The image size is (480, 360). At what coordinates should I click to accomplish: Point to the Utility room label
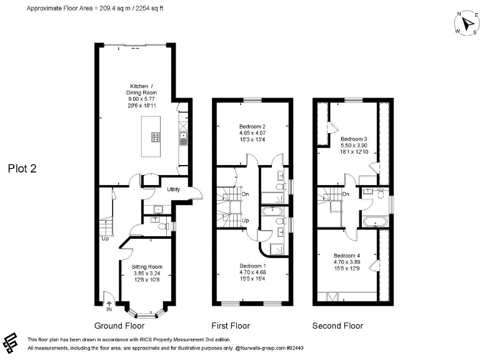[x=173, y=189]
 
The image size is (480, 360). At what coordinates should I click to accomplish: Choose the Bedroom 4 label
[x=346, y=259]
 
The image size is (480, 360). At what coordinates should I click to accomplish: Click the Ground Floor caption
[x=119, y=326]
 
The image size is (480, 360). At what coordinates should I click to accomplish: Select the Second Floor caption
[x=337, y=326]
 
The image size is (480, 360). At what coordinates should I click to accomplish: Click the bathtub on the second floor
[x=374, y=221]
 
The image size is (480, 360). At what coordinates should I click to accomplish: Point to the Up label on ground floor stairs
[x=105, y=237]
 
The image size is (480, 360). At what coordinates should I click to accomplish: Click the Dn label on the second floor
[x=346, y=194]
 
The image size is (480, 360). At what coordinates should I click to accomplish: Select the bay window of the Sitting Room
[x=146, y=309]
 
